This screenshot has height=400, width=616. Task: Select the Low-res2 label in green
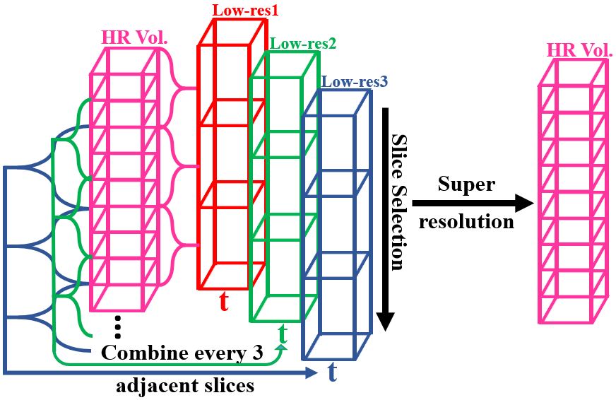303,44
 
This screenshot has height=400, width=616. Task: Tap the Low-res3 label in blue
354,82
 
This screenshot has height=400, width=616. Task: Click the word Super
466,184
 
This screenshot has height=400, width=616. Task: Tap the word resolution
466,221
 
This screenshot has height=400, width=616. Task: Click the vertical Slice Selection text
398,202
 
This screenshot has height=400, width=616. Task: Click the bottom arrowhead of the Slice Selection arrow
385,322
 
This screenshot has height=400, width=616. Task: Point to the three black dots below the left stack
118,326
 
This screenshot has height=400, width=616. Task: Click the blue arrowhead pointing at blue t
313,372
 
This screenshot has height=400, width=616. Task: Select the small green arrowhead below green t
282,346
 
